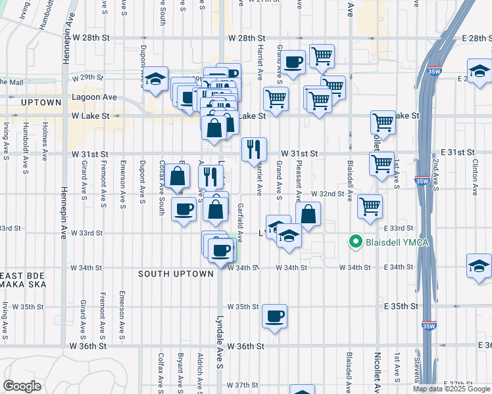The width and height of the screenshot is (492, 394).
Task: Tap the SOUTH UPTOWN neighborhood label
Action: pos(176,274)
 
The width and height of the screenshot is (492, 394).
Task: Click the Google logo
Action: pos(22,386)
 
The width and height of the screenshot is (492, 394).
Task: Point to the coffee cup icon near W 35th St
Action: pos(275,317)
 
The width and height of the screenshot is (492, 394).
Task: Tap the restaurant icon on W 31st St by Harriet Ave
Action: pos(253,149)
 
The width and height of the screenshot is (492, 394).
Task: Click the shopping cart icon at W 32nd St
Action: pos(370,206)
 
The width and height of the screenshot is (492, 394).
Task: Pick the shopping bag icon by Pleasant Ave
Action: pos(307,214)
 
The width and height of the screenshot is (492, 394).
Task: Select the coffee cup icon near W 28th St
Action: pos(293,62)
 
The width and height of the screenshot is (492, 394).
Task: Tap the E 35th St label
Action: pos(403,307)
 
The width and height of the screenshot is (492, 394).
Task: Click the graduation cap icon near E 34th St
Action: pos(479,265)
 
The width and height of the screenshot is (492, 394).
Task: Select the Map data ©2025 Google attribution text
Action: pos(452,389)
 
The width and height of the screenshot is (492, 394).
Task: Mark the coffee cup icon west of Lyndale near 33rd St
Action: pos(184,209)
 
